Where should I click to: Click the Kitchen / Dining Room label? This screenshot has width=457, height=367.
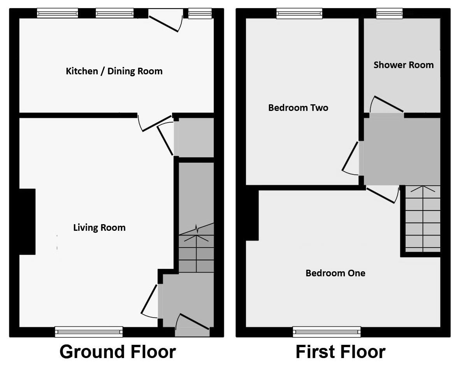click(x=114, y=71)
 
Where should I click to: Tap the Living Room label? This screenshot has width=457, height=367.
click(x=99, y=228)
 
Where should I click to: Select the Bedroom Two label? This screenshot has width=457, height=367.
click(x=298, y=108)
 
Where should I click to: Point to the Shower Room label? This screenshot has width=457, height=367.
click(x=403, y=65)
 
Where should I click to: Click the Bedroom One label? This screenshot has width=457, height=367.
click(x=335, y=273)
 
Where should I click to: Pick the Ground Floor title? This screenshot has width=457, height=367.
click(x=118, y=352)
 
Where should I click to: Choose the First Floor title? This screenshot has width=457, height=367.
click(x=340, y=352)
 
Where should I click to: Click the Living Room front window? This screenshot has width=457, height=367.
click(x=89, y=332)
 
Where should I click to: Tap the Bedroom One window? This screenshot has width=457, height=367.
click(x=327, y=332)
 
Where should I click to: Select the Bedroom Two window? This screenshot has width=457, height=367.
click(x=299, y=13)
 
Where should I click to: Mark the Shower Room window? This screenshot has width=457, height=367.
click(x=389, y=13)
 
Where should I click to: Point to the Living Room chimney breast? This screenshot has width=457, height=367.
click(x=27, y=221)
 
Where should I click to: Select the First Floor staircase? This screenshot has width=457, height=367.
click(x=422, y=220)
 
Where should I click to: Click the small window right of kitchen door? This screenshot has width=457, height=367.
click(x=200, y=13)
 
